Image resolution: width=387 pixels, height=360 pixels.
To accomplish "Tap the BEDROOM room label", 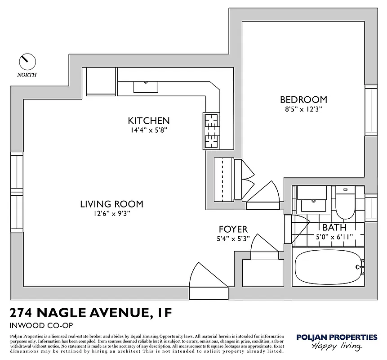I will point(303,99).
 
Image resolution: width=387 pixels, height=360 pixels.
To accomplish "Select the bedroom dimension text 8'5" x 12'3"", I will point(303,109).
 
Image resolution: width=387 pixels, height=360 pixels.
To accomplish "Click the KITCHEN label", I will point(148,121).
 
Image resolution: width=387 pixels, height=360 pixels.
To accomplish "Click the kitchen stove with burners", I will point(211,130).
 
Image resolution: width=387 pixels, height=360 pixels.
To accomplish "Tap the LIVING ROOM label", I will point(111,204).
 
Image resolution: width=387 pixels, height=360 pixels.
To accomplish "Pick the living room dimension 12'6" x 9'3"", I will point(111,214).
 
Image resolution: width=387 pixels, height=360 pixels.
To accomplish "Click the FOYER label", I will point(233,229).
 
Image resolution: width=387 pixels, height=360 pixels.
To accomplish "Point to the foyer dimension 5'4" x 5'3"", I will point(233,239).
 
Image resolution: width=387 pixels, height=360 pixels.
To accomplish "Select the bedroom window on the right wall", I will point(371,110).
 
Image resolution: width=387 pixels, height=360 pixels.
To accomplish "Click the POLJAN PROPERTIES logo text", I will point(337,337).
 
